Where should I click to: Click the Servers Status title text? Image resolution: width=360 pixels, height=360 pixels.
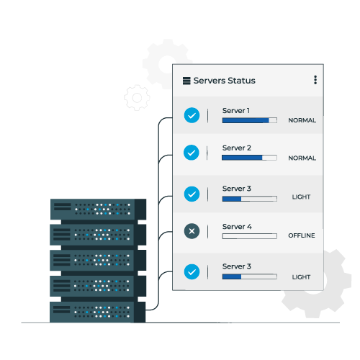224,81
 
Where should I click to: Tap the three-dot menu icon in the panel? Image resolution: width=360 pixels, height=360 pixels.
315,80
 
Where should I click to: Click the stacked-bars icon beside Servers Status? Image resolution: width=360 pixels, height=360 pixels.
186,81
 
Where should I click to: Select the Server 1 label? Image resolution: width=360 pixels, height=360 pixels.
236,111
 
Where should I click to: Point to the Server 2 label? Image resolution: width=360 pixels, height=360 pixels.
237,148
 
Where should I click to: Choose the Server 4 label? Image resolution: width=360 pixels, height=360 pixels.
237,227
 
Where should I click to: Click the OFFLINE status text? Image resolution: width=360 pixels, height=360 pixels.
302,235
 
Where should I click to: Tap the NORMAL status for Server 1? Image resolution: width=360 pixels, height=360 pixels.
302,120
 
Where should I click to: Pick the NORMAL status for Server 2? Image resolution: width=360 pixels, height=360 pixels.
302,158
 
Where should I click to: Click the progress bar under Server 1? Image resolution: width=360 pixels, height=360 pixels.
250,120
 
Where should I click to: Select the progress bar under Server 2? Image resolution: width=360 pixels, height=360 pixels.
249,158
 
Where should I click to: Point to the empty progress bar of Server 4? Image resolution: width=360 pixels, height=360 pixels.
250,236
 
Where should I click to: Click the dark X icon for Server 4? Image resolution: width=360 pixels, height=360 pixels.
192,231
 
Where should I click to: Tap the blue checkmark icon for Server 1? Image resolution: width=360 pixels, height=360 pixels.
192,115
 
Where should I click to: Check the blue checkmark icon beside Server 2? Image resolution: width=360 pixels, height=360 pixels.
192,153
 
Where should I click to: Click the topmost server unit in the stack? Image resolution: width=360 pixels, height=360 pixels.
98,209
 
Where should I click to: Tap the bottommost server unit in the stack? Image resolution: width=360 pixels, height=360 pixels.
97,312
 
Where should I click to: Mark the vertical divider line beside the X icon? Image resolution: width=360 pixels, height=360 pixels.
208,231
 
